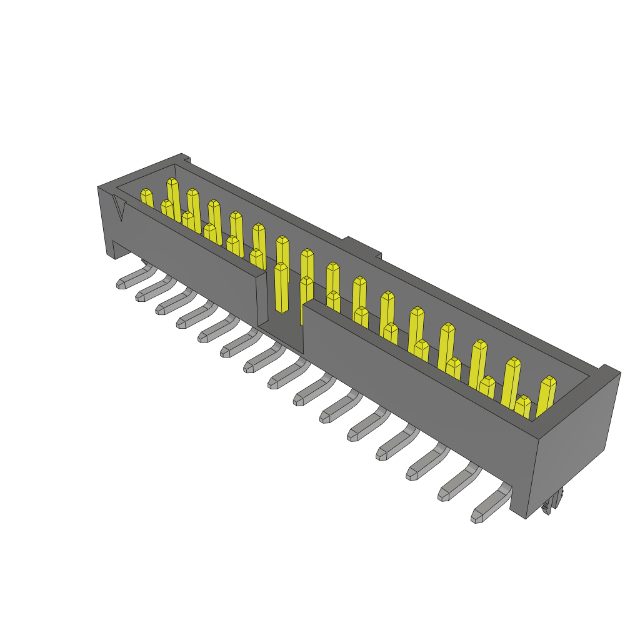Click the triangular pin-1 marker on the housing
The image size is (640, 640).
click(120, 209)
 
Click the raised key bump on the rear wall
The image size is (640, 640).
click(362, 247)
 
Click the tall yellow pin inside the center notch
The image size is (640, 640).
click(281, 287)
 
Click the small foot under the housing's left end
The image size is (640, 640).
click(119, 249)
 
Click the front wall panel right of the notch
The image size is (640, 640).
click(412, 387)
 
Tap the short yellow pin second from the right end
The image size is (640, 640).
click(522, 406)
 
